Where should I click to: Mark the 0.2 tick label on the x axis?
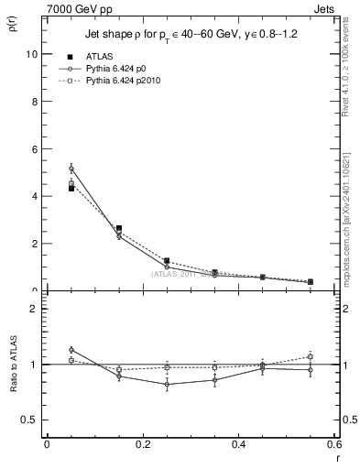click(x=142, y=444)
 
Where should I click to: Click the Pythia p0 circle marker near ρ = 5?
click(x=71, y=169)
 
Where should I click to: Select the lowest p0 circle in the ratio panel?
click(x=167, y=385)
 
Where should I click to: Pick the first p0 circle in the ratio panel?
click(x=71, y=350)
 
